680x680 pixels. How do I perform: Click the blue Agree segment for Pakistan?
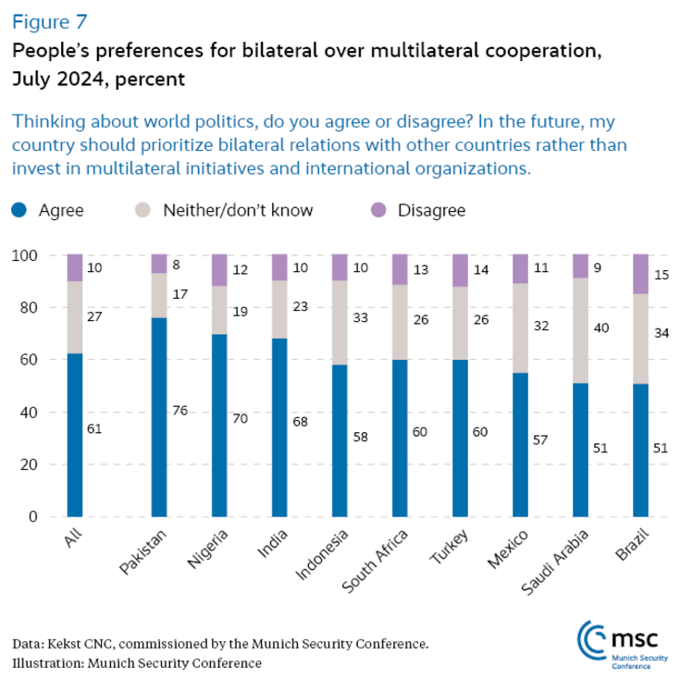pyautogui.click(x=159, y=416)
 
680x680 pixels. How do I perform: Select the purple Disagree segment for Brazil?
pyautogui.click(x=640, y=274)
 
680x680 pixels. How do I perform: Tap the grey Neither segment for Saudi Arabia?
pyautogui.click(x=580, y=330)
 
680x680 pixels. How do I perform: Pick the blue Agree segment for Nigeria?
pyautogui.click(x=219, y=425)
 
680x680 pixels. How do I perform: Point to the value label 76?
pyautogui.click(x=179, y=410)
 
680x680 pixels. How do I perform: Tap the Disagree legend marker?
pyautogui.click(x=378, y=210)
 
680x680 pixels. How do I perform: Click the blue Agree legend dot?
pyautogui.click(x=19, y=210)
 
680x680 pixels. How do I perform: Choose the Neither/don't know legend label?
pyautogui.click(x=237, y=210)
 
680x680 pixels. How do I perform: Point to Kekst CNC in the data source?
pyautogui.click(x=85, y=643)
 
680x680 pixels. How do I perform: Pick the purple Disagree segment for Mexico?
pyautogui.click(x=520, y=268)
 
